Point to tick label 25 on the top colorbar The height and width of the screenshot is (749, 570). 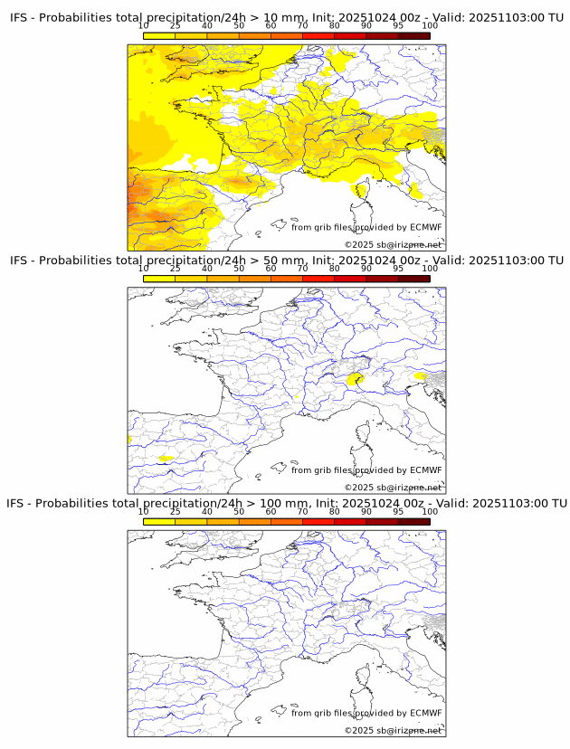[x=176, y=25]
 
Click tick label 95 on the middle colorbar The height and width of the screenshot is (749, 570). [x=398, y=269]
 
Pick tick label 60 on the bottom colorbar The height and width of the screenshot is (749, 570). [x=271, y=511]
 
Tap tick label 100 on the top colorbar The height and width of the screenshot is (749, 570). [x=429, y=25]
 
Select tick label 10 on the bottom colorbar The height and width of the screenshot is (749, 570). [x=144, y=511]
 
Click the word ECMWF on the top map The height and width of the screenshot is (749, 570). [x=426, y=227]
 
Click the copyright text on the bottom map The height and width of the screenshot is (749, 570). [x=393, y=730]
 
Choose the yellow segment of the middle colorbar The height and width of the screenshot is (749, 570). [x=159, y=279]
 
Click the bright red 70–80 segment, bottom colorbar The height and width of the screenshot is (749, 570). [x=318, y=521]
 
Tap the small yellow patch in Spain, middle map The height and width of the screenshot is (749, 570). [x=166, y=459]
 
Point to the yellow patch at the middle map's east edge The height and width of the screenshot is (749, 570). [x=421, y=375]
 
